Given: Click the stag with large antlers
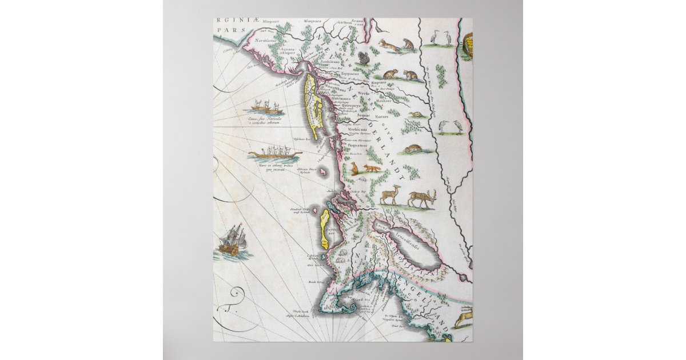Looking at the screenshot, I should tap(422, 198).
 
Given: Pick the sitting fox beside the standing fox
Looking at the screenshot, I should tap(353, 169).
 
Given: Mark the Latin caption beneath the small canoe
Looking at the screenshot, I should tap(258, 121).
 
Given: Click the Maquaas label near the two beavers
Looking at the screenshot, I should tap(379, 82).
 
